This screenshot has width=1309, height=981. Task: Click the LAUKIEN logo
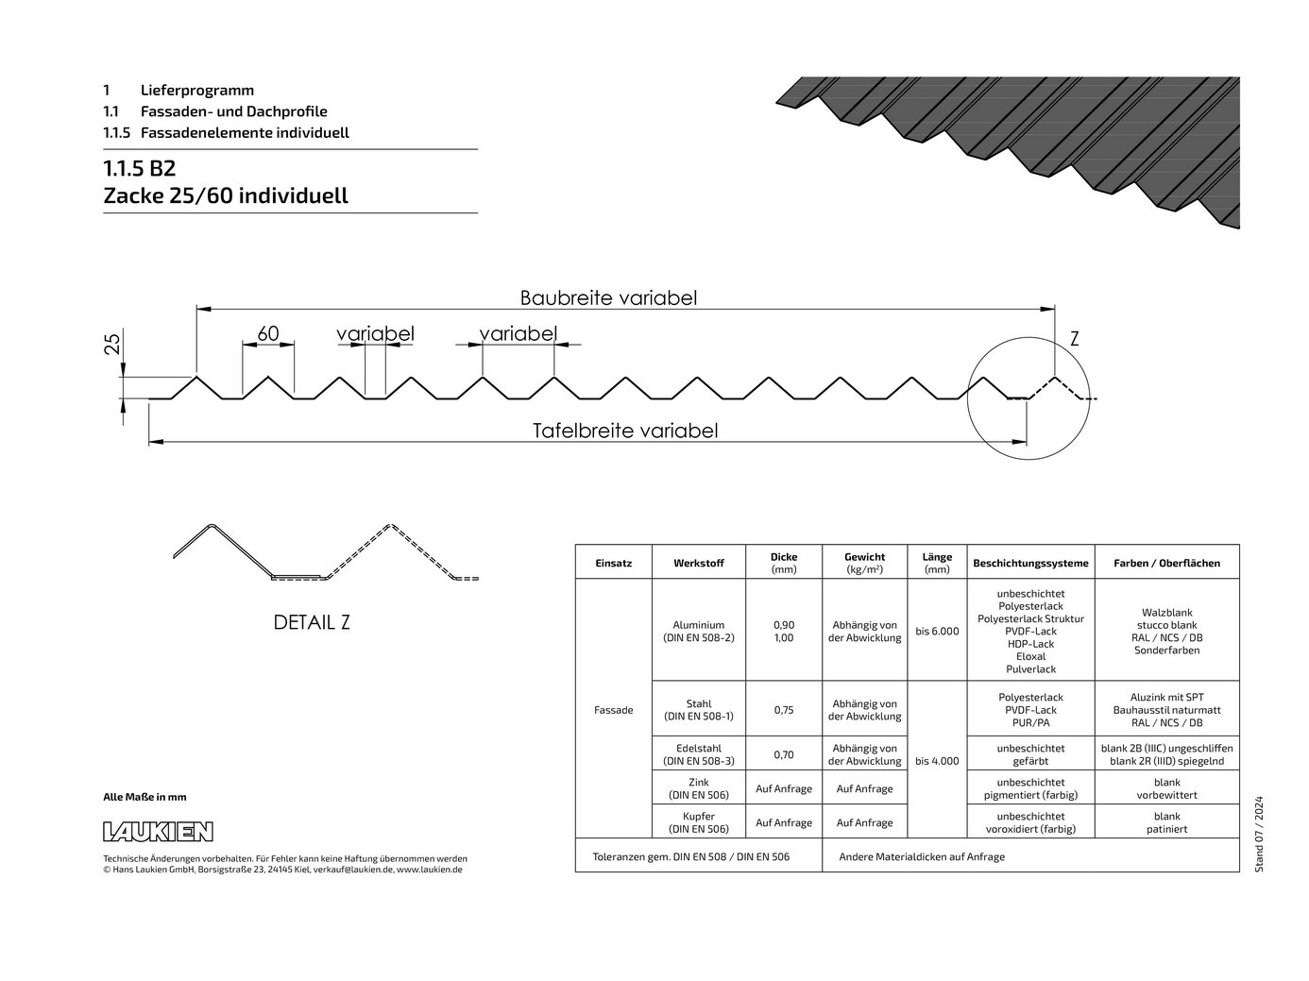[158, 832]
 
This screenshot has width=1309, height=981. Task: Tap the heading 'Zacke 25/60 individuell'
[226, 195]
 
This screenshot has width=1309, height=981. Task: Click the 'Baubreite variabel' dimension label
[608, 298]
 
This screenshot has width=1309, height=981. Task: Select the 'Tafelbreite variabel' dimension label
[625, 431]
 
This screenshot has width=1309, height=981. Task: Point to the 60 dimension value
[268, 333]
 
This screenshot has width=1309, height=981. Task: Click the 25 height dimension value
[112, 344]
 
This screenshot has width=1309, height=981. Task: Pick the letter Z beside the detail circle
[1074, 339]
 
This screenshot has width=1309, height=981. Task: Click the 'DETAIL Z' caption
[312, 622]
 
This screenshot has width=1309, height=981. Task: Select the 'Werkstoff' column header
[698, 563]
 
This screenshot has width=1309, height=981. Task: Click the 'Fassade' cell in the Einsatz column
[613, 710]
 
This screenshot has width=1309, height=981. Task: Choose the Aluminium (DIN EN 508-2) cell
[698, 631]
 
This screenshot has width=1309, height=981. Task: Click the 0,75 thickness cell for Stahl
[784, 710]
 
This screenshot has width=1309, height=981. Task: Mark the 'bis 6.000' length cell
[937, 631]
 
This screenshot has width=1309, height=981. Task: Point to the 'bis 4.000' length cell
[937, 761]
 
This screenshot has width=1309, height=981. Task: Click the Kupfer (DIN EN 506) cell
[698, 822]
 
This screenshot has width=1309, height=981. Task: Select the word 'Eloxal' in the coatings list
[1030, 656]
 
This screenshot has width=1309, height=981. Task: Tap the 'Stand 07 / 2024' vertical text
[1259, 834]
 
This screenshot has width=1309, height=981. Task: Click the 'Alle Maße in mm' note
[144, 797]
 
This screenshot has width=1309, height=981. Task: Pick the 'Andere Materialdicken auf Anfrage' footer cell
[922, 856]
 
